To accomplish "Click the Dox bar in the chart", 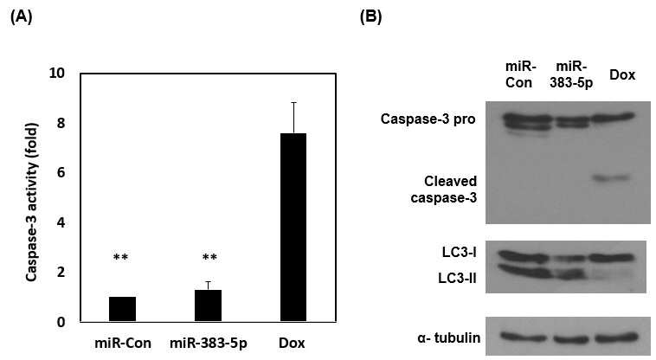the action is (x=293, y=228).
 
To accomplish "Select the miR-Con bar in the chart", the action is (x=122, y=309).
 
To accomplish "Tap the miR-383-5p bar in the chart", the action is (x=208, y=305).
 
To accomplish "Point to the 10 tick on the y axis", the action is (x=57, y=74).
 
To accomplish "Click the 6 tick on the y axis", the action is (x=61, y=173).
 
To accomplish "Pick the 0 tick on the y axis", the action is (x=61, y=323).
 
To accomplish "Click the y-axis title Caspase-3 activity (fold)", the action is (x=32, y=202).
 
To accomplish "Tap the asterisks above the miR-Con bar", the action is (x=120, y=257).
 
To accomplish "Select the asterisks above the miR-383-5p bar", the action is (x=209, y=257).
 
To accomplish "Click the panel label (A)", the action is (x=21, y=16).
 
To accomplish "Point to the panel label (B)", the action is (x=370, y=16).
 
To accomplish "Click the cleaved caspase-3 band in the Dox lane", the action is (x=611, y=178).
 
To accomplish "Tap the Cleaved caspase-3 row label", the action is (x=444, y=189).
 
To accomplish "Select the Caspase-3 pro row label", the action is (x=428, y=119).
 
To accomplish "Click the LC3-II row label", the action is (x=457, y=278).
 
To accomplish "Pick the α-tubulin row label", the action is (x=449, y=337).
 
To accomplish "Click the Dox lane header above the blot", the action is (x=622, y=74).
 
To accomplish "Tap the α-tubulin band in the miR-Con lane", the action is (x=518, y=337).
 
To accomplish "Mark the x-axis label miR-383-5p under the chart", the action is (x=209, y=344).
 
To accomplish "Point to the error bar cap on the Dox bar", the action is (x=293, y=102).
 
